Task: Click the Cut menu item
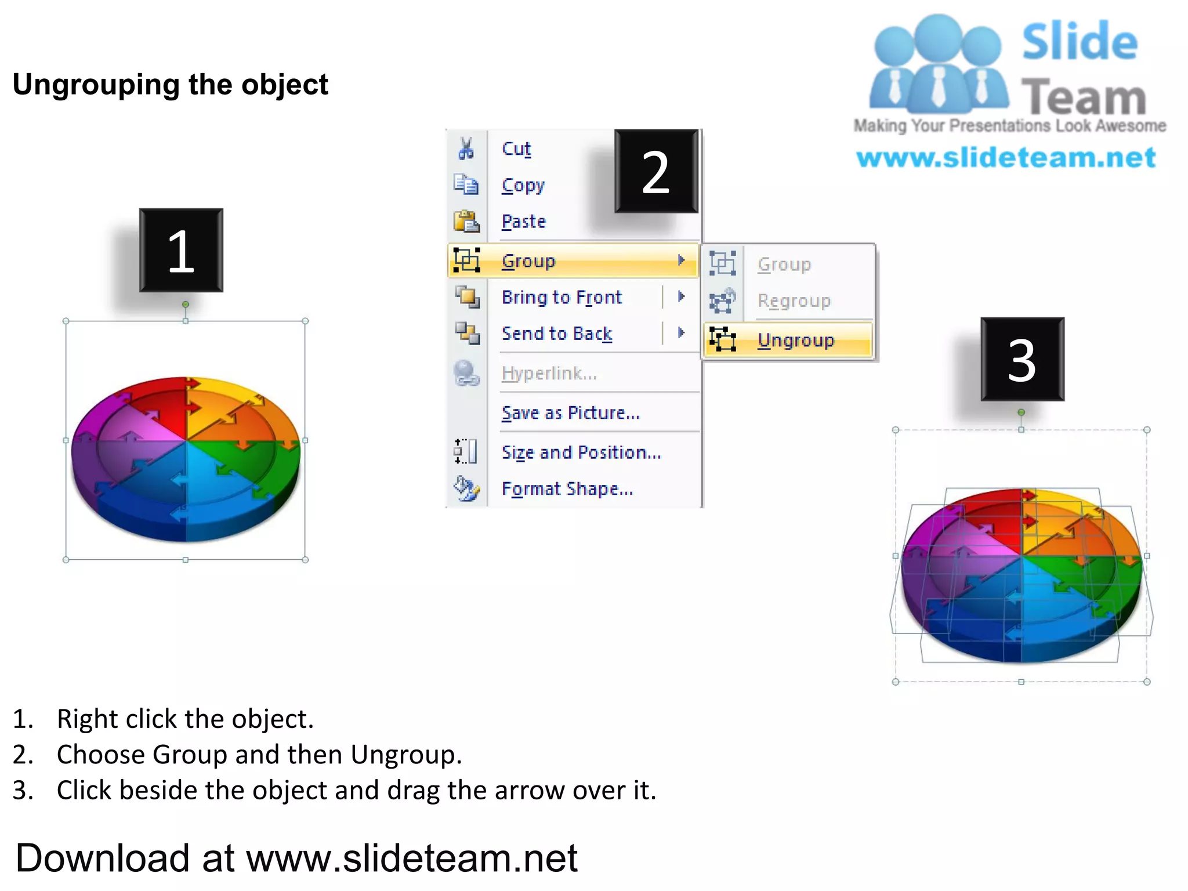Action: (516, 149)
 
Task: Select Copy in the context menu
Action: (523, 186)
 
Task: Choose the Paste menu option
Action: (524, 222)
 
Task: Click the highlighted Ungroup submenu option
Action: (795, 340)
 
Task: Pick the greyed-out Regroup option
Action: (794, 300)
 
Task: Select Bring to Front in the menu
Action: (562, 297)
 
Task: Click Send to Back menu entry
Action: (557, 334)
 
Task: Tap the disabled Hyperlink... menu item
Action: (549, 373)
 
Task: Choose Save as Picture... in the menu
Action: (570, 412)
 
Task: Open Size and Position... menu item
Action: (581, 452)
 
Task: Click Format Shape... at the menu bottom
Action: (567, 488)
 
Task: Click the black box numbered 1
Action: (181, 251)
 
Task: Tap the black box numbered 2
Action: (656, 171)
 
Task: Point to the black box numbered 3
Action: (1022, 359)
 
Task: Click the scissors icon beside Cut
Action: (466, 148)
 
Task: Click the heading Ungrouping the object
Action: (171, 85)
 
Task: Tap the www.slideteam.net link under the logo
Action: (1006, 158)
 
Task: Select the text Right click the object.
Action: (185, 719)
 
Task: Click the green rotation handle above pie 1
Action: (186, 305)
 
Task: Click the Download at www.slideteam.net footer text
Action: (296, 858)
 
